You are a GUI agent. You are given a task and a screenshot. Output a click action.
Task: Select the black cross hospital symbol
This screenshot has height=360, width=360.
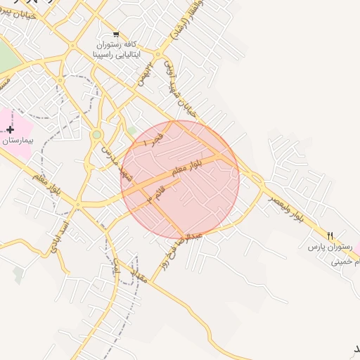pyautogui.click(x=10, y=129)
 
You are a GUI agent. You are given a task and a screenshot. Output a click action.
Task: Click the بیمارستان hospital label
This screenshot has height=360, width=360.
pyautogui.click(x=15, y=141)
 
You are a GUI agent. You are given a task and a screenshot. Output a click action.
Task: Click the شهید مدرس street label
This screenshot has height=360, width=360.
pyautogui.click(x=117, y=162)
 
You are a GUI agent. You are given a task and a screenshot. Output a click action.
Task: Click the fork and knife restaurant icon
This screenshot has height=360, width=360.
pyautogui.click(x=330, y=235)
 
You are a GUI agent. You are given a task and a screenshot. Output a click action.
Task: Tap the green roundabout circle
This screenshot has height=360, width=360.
pyautogui.click(x=97, y=134)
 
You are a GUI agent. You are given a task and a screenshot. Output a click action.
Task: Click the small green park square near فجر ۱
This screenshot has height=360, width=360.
pyautogui.click(x=131, y=130)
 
